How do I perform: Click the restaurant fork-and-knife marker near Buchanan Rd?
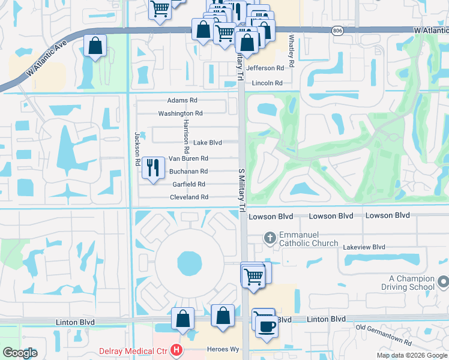tap(153, 168)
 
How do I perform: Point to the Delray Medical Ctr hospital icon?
tap(176, 349)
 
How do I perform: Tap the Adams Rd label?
tap(182, 101)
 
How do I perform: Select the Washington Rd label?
tap(180, 113)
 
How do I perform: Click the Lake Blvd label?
tap(207, 143)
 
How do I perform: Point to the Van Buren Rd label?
tap(188, 159)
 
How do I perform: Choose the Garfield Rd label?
tap(188, 184)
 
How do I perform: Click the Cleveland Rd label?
tap(188, 197)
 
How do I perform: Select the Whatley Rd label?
tap(292, 50)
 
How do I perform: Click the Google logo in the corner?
tap(20, 353)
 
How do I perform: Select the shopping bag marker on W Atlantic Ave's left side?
tap(95, 46)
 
